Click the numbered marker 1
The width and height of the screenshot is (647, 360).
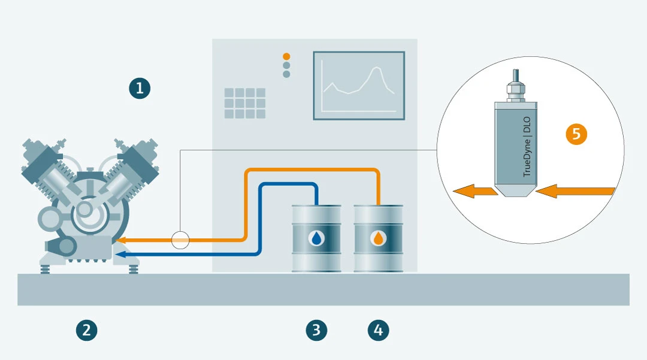pos(140,89)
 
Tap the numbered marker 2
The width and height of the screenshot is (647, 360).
pos(87,329)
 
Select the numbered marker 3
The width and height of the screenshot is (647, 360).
pos(316,329)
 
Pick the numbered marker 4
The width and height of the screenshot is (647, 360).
pos(378,329)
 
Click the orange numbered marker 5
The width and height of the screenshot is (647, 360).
pos(576,134)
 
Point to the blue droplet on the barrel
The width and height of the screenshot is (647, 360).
pos(316,238)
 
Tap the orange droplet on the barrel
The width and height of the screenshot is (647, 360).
pos(378,238)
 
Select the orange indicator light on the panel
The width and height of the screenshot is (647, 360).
pos(286,56)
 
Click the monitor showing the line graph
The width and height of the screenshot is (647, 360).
pos(358,85)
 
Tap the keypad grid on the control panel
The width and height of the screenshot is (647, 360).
pos(244,103)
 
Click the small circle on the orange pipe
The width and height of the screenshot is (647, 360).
pos(180,240)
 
